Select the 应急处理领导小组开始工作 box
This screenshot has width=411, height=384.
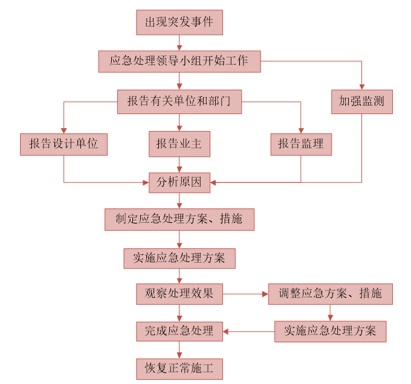click(180, 62)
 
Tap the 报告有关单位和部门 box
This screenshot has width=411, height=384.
click(180, 101)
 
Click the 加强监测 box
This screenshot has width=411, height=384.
click(362, 101)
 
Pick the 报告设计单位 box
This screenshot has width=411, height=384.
click(63, 144)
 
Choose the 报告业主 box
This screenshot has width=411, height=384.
click(180, 144)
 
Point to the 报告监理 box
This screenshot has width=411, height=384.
click(301, 144)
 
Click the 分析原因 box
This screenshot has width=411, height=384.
click(180, 181)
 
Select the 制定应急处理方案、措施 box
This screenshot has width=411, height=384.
click(180, 219)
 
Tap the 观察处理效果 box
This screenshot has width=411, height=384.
click(180, 294)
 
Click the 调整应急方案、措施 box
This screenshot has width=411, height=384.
click(330, 294)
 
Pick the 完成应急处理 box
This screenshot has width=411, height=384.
click(180, 331)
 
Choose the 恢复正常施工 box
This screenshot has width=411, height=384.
click(180, 368)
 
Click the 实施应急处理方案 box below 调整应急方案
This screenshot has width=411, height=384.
click(330, 331)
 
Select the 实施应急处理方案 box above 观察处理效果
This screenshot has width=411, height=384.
click(180, 258)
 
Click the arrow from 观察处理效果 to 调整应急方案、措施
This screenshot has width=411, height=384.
click(245, 294)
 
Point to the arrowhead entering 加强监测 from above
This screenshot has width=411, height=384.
click(362, 86)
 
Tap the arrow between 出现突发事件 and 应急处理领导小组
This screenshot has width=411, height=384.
click(180, 43)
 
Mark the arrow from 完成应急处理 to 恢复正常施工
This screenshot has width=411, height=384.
click(180, 350)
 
